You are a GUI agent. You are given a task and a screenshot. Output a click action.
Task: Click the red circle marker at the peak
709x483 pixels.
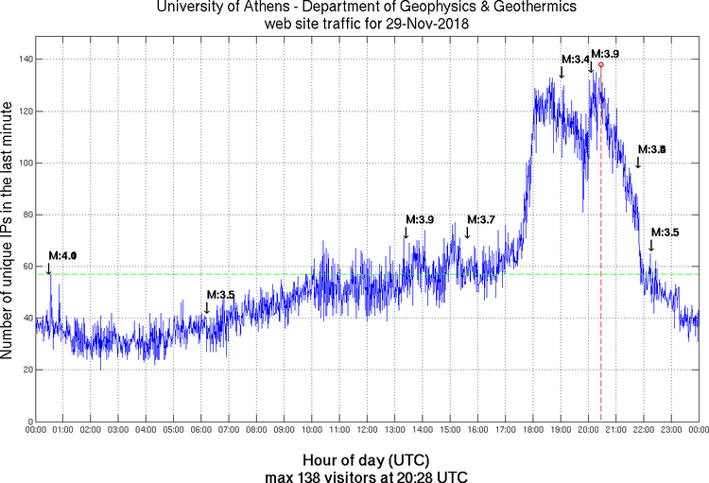(601, 64)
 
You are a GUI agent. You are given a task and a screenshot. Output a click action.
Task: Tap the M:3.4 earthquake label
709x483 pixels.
(576, 60)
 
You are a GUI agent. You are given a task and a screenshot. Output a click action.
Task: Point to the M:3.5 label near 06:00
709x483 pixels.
(220, 295)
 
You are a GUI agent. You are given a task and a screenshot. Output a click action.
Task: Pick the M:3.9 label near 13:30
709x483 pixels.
(420, 219)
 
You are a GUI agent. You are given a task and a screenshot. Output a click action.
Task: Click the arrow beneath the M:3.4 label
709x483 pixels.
(562, 74)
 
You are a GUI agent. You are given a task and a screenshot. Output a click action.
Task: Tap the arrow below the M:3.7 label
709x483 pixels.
(467, 233)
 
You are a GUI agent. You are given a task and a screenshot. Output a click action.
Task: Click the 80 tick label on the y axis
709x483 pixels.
(26, 215)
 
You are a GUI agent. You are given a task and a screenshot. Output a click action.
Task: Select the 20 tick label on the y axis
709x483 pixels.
(26, 370)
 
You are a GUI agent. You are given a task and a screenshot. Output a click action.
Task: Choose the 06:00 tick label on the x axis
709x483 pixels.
(201, 430)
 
